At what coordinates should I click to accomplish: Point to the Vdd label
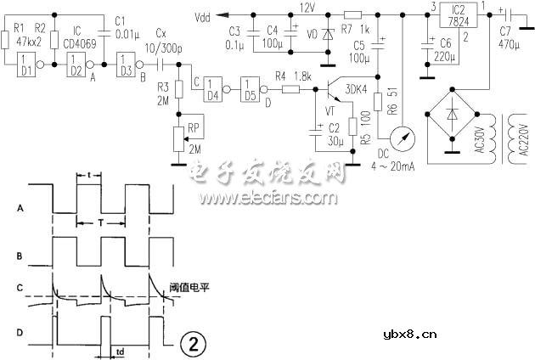(x=203, y=15)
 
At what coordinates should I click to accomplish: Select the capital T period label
(x=101, y=219)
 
